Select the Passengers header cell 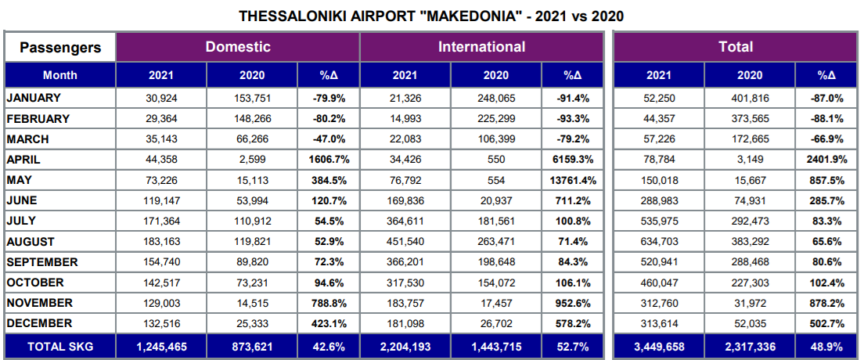pyautogui.click(x=60, y=47)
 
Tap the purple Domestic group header pyautogui.click(x=238, y=47)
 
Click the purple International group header pyautogui.click(x=481, y=47)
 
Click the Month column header pyautogui.click(x=60, y=75)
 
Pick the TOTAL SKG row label pyautogui.click(x=60, y=345)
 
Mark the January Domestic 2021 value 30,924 pyautogui.click(x=161, y=98)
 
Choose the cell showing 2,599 pyautogui.click(x=252, y=160)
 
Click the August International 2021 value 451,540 pyautogui.click(x=405, y=242)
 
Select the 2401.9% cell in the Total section pyautogui.click(x=826, y=160)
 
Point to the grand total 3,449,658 pyautogui.click(x=659, y=345)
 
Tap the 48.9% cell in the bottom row pyautogui.click(x=826, y=345)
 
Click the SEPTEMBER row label pyautogui.click(x=41, y=262)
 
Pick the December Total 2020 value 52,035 pyautogui.click(x=750, y=323)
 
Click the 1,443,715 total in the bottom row pyautogui.click(x=496, y=345)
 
